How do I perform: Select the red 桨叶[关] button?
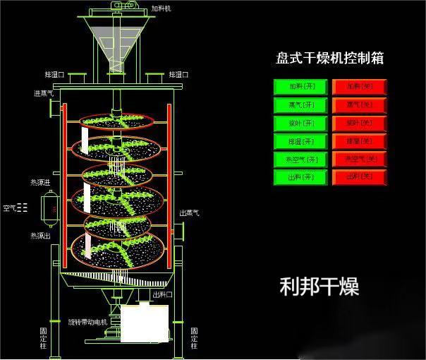tap(359, 124)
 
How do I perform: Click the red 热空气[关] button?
tap(359, 160)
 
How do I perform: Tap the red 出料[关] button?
tap(359, 177)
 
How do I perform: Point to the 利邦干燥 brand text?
tap(319, 286)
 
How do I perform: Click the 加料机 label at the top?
tap(162, 9)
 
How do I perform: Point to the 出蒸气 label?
tap(190, 212)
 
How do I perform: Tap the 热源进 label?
tap(40, 182)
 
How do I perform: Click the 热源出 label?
tap(40, 235)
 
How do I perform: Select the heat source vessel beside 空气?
tap(49, 208)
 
